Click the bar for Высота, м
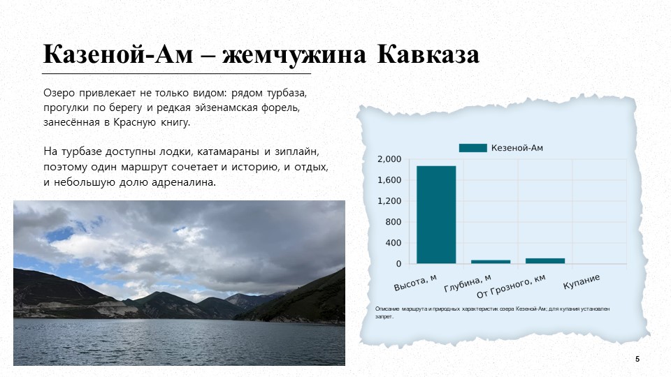(x=436, y=214)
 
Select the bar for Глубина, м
(x=491, y=262)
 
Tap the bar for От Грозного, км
(x=545, y=260)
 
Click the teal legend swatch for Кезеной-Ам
(x=473, y=148)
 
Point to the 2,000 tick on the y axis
(x=389, y=159)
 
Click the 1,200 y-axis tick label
(x=389, y=201)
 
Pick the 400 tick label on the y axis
(x=394, y=243)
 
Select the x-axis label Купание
(x=581, y=281)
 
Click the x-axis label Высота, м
(x=415, y=283)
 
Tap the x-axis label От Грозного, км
(x=511, y=286)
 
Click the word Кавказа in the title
(x=428, y=54)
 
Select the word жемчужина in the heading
(x=294, y=55)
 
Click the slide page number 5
(x=637, y=359)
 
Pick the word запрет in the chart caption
(x=384, y=317)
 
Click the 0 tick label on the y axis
(x=399, y=264)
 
